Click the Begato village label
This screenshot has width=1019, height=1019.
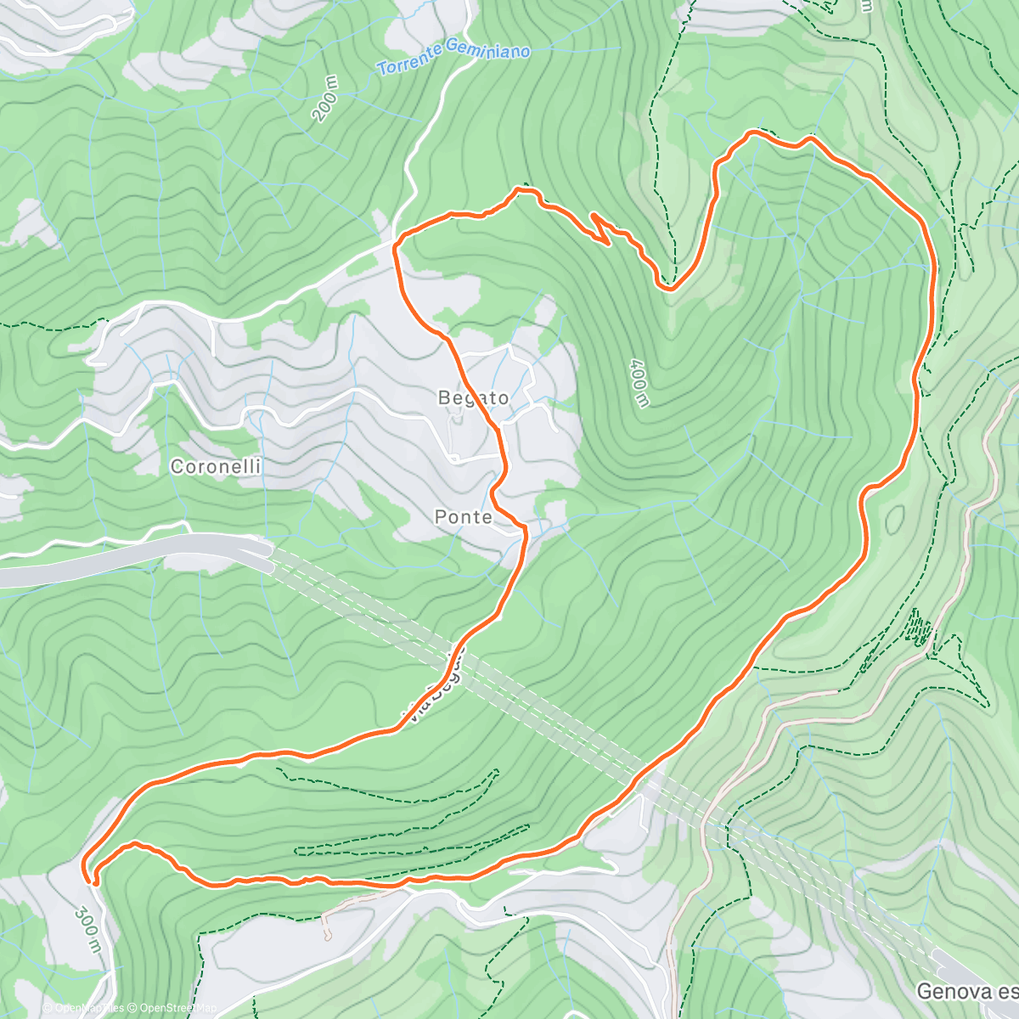473,397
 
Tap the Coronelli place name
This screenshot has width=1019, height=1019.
216,466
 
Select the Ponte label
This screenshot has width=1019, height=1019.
463,516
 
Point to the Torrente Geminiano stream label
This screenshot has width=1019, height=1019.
453,59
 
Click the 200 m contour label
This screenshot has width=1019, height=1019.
325,99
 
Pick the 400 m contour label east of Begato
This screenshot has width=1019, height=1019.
639,382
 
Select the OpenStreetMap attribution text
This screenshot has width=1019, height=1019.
173,1009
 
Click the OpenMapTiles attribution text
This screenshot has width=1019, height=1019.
83,1009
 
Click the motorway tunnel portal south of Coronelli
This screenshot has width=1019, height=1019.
263,555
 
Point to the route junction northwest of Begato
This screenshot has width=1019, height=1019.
396,242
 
